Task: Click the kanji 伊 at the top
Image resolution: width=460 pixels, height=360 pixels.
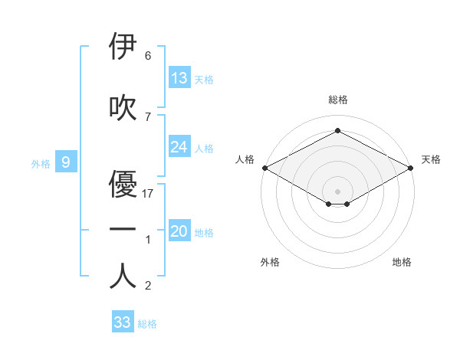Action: click(123, 47)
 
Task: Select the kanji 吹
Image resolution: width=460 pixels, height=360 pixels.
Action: click(123, 107)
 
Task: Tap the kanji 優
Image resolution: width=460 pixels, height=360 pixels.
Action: click(123, 185)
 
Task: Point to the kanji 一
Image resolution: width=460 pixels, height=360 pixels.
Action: click(123, 231)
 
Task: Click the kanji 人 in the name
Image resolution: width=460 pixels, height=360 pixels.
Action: click(123, 277)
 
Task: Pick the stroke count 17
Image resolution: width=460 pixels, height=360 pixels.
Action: click(149, 194)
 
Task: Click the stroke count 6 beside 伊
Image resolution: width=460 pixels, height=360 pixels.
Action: click(148, 56)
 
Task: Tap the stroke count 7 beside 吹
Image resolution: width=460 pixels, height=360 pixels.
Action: click(148, 116)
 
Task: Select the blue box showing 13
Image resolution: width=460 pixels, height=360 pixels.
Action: click(179, 78)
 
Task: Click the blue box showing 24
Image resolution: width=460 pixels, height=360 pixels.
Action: click(179, 147)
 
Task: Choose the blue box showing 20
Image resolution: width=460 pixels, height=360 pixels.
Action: click(179, 232)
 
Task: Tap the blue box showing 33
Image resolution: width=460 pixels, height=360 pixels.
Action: click(123, 322)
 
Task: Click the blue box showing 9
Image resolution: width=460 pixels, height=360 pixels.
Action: click(66, 162)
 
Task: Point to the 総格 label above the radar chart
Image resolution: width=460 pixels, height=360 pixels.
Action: click(337, 100)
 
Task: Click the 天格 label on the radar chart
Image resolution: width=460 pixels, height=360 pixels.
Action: click(431, 159)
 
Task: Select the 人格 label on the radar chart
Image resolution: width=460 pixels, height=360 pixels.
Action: click(245, 159)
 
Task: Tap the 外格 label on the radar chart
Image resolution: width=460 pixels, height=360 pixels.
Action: click(270, 262)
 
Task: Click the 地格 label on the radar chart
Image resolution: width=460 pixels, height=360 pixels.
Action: click(402, 262)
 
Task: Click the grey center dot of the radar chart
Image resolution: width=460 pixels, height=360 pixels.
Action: click(337, 191)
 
